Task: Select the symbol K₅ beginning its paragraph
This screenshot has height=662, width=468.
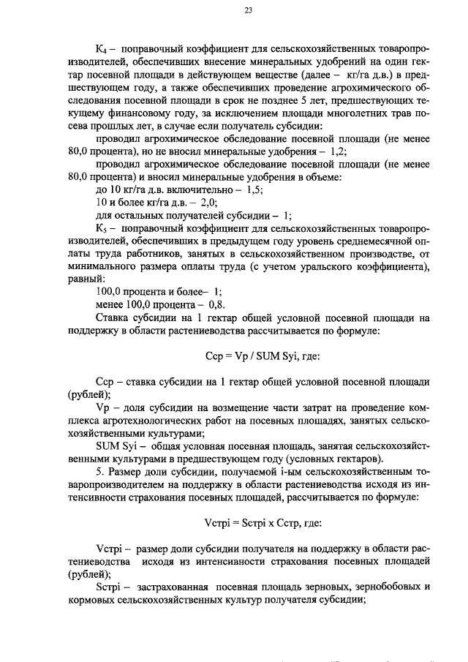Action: [102, 228]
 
